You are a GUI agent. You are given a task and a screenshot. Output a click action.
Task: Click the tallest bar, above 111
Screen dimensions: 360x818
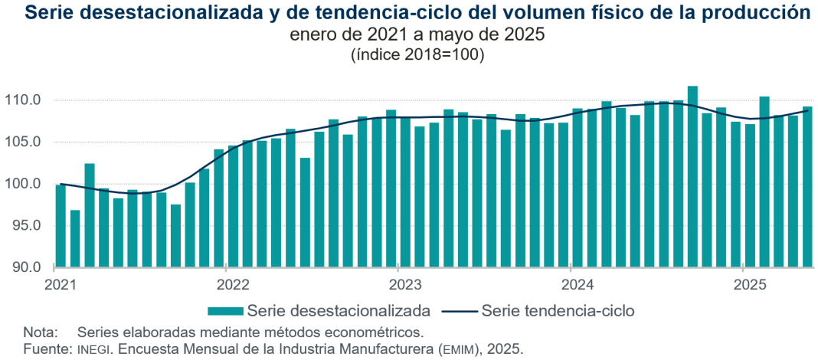click(x=692, y=176)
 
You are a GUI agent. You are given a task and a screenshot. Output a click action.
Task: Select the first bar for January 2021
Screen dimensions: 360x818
click(x=61, y=226)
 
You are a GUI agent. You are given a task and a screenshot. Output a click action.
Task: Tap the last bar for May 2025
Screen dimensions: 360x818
click(x=807, y=187)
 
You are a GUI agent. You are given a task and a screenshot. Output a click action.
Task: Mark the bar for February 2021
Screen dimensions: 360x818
click(x=75, y=238)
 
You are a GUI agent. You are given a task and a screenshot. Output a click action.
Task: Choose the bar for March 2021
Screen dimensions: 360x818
click(x=90, y=215)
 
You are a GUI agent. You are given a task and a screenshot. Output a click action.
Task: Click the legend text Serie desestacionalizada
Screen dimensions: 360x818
click(x=339, y=311)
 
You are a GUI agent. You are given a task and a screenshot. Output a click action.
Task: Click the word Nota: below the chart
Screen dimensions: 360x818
click(x=40, y=332)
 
